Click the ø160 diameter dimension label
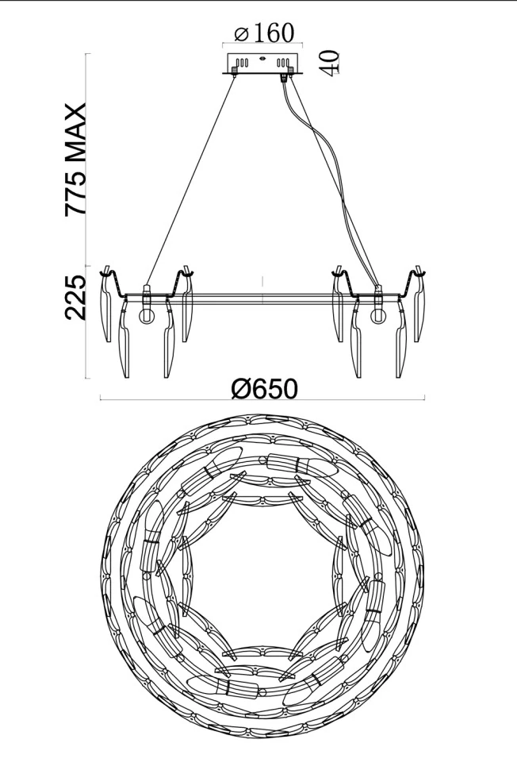[264, 33]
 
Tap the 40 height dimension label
[329, 63]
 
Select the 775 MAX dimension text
[76, 159]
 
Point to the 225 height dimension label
[75, 298]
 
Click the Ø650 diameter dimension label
[264, 389]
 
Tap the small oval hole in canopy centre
[262, 59]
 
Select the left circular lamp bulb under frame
[146, 316]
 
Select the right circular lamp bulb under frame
[378, 316]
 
